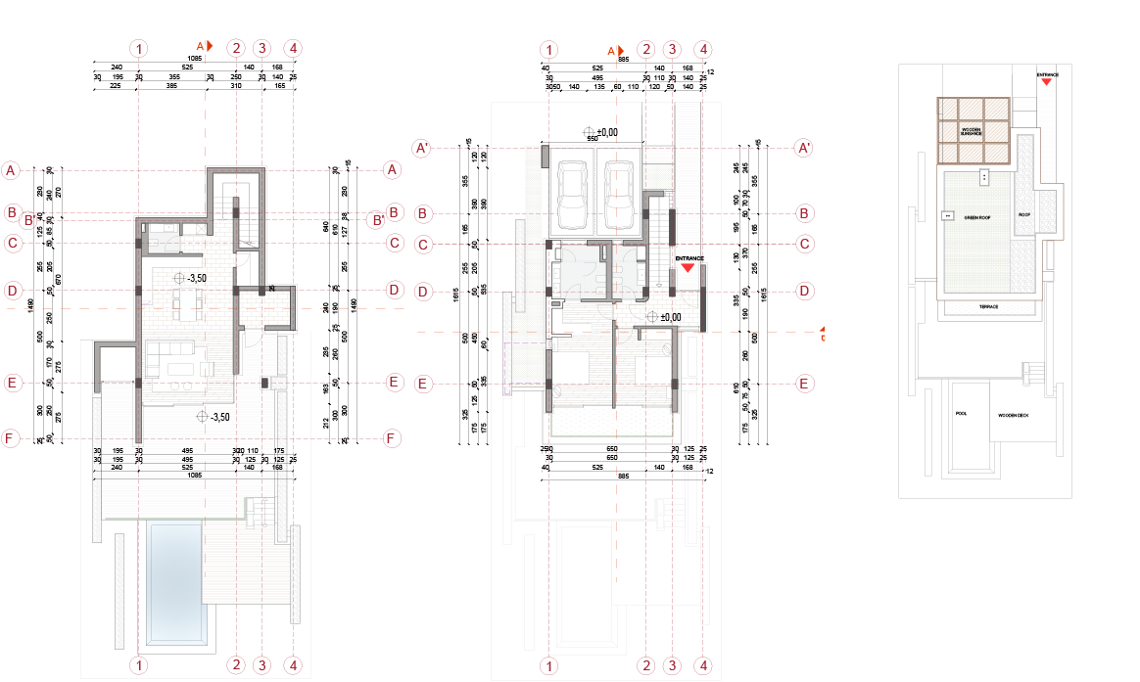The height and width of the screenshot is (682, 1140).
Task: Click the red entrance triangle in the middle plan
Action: [689, 267]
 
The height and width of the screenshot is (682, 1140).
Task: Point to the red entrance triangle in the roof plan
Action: [1046, 82]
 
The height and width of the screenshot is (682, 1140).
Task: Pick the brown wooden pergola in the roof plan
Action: [974, 130]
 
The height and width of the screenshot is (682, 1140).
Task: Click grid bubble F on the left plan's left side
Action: [12, 439]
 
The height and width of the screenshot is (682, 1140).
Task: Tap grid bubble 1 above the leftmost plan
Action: [140, 48]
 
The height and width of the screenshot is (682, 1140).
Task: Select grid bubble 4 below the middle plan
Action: [702, 665]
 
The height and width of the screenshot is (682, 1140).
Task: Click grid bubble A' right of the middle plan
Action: [803, 149]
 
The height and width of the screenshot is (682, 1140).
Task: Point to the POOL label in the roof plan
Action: [962, 414]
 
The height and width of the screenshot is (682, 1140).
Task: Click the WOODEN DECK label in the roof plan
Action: [1013, 416]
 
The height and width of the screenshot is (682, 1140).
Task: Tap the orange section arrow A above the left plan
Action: [204, 46]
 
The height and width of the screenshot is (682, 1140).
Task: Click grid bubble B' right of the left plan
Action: [376, 221]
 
